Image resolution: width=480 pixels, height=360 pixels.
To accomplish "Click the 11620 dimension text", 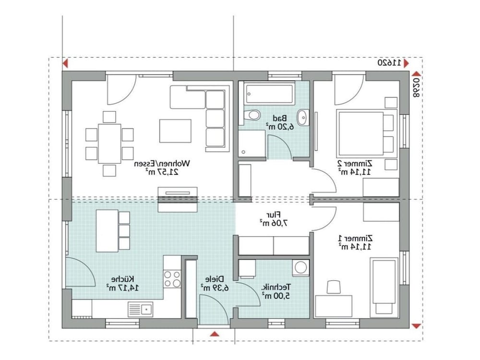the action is [x=389, y=63].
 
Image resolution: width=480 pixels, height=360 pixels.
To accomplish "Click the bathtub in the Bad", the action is [x=269, y=94].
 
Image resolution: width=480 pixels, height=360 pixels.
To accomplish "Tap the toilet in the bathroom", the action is [x=252, y=115].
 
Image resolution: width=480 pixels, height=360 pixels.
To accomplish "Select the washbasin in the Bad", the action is [x=302, y=117].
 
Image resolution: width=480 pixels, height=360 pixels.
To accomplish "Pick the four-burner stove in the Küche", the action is [x=172, y=279].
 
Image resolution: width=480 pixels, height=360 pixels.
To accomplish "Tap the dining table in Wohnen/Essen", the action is [x=109, y=144].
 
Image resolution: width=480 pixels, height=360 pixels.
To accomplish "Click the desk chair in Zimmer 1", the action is [x=334, y=288].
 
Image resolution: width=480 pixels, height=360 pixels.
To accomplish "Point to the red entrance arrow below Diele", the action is [x=215, y=334].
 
